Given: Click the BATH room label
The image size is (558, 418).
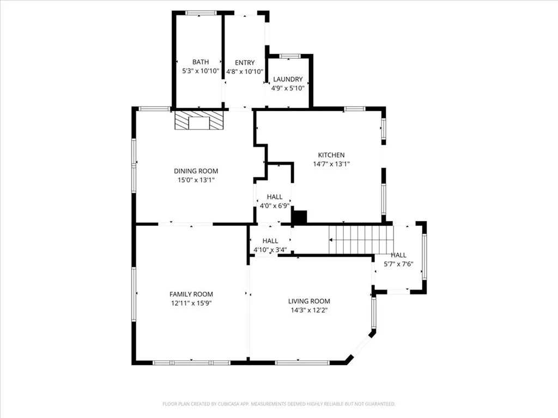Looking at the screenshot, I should click(200, 63).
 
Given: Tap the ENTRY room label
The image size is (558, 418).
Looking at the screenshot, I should click(244, 63).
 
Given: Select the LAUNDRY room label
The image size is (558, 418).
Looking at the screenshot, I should click(288, 79).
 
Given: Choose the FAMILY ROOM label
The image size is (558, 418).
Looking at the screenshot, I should click(191, 294).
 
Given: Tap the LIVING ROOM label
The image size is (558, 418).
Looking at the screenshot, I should click(309, 302).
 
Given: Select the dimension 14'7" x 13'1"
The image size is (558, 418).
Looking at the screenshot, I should click(331, 164).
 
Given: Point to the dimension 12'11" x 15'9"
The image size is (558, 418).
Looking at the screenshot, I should click(191, 303).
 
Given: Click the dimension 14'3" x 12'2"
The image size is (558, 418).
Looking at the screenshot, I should click(309, 310).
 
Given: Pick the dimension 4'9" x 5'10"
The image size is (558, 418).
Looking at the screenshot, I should click(288, 88).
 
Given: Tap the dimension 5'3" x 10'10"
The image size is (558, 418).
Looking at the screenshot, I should click(200, 71).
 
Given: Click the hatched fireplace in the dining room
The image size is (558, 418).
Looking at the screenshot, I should click(199, 121).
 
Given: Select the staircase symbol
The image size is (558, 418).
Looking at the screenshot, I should click(361, 239).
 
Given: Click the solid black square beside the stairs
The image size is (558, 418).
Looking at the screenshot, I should click(300, 217).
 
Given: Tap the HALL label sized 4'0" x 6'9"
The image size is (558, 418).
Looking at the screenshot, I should click(275, 197).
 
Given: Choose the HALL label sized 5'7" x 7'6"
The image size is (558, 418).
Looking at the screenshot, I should click(398, 255).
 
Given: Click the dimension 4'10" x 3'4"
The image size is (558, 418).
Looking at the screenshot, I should click(270, 250).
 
